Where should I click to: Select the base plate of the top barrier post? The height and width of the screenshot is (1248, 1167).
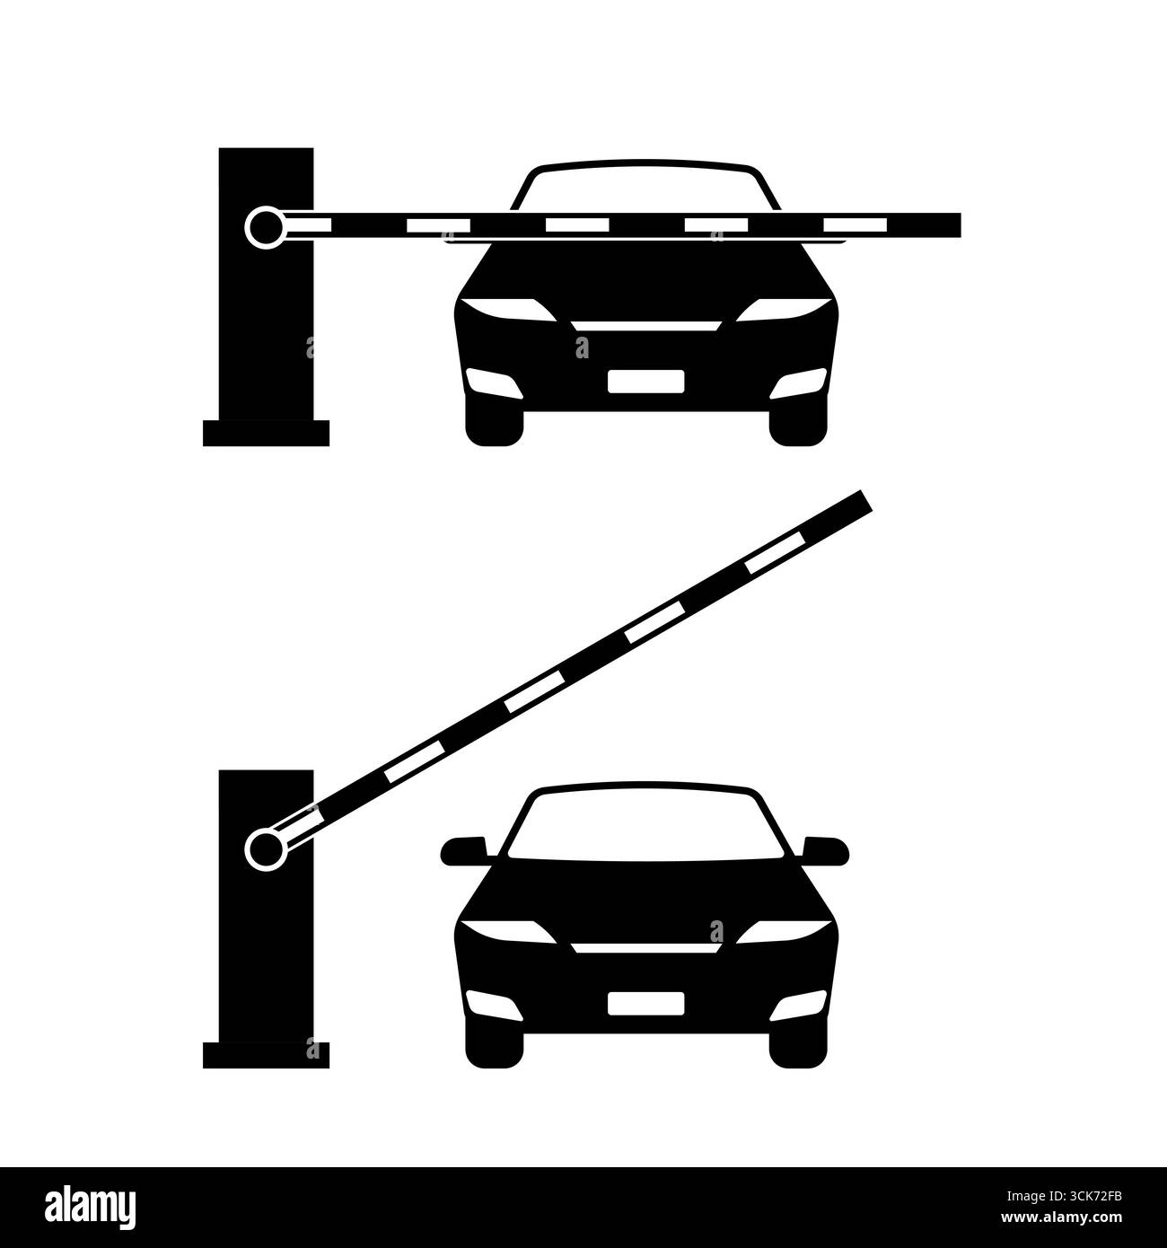[266, 433]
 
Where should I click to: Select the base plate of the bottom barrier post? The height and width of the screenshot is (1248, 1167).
[266, 1055]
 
